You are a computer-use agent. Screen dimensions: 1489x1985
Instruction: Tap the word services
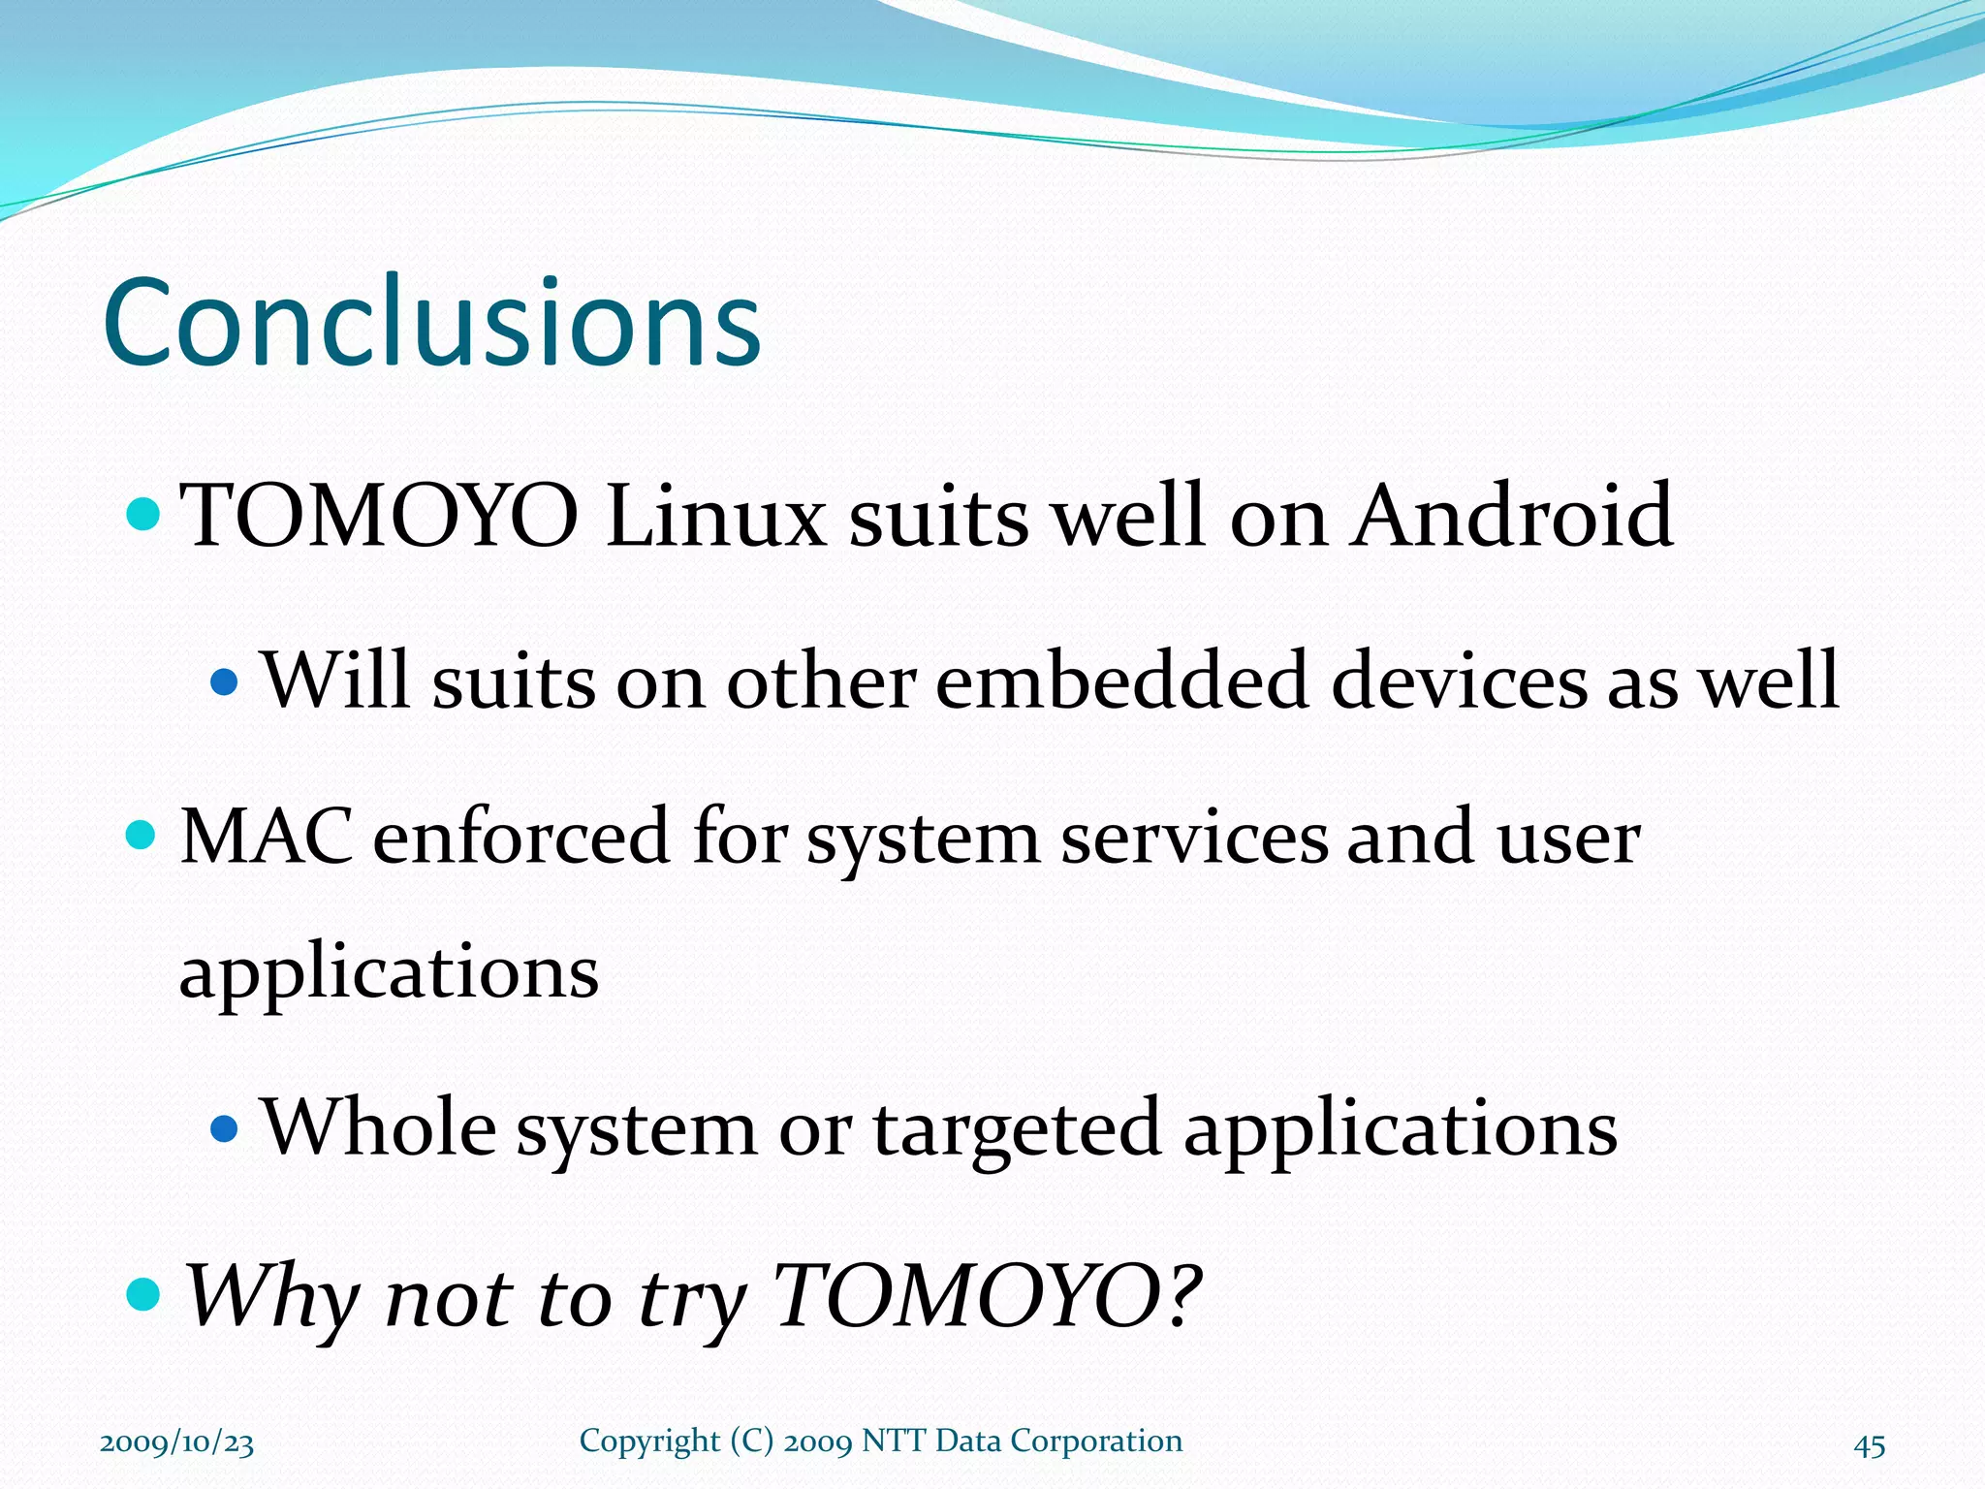(x=1194, y=838)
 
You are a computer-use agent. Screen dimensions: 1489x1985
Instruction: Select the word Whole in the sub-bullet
(x=378, y=1126)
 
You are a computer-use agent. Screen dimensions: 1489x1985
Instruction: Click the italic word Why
(x=272, y=1296)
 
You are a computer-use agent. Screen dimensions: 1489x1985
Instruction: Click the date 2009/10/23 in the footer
(x=177, y=1442)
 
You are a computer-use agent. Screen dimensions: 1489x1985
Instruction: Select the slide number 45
(x=1870, y=1445)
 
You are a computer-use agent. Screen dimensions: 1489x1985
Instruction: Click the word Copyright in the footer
(x=649, y=1441)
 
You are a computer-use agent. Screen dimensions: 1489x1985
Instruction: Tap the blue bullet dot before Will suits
(x=224, y=682)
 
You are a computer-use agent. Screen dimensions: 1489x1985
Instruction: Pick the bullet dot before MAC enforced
(x=142, y=835)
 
